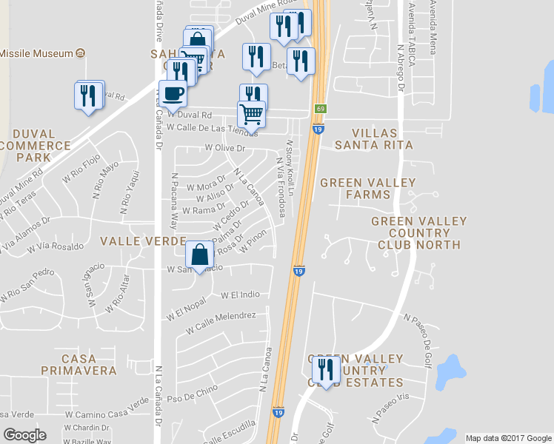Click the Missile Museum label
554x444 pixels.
coord(37,53)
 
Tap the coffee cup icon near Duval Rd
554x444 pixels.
coord(173,94)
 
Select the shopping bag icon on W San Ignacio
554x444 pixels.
coord(200,255)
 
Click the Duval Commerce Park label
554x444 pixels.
coord(36,145)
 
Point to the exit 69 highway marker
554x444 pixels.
coord(320,109)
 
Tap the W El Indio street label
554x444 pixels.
coord(240,295)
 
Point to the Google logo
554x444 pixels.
coord(24,435)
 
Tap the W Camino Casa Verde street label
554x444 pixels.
coord(107,411)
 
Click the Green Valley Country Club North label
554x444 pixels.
coord(419,232)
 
